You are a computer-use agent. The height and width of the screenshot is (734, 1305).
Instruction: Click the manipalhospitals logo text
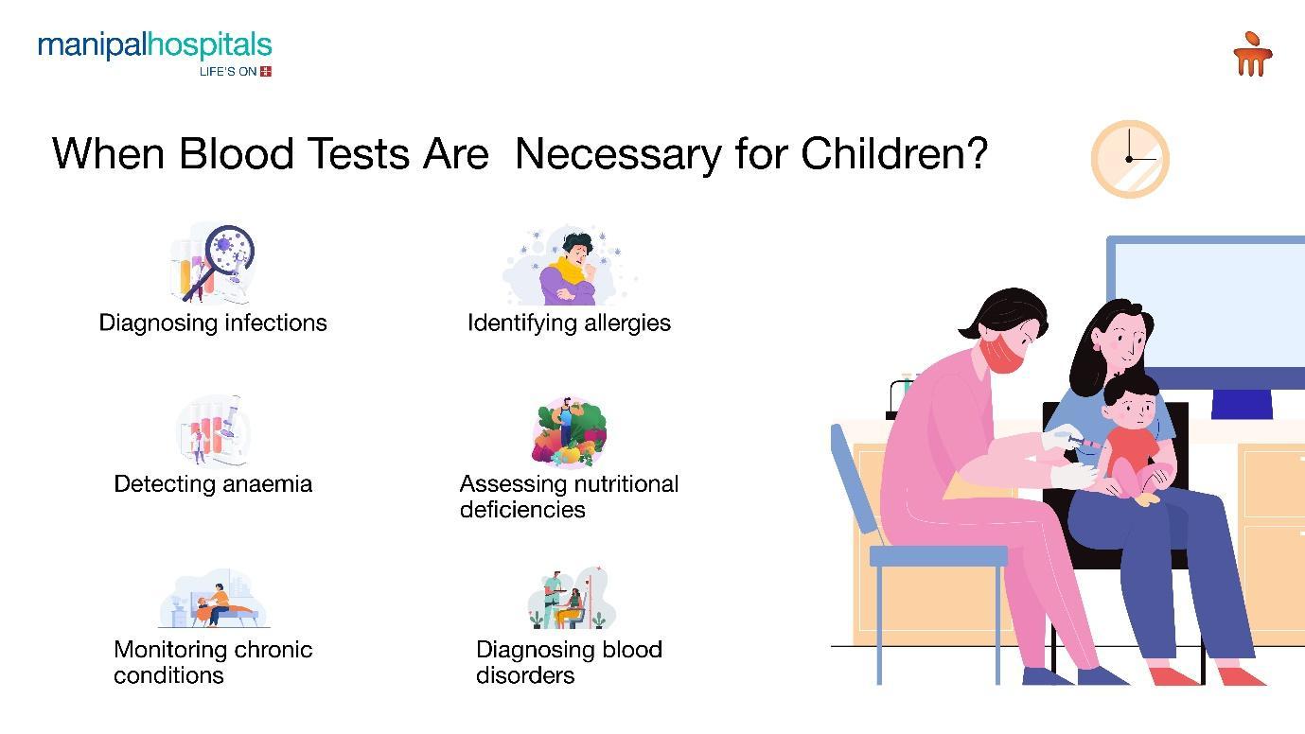coord(155,45)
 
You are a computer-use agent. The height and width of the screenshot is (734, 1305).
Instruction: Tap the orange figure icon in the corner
coord(1253,54)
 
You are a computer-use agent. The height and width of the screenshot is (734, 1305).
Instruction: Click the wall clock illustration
coord(1130,159)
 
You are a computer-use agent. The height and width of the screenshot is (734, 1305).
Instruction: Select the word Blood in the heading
coord(236,153)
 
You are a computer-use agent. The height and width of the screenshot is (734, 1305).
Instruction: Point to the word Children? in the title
coord(894,153)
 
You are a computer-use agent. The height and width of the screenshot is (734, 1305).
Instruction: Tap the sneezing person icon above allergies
coord(569,267)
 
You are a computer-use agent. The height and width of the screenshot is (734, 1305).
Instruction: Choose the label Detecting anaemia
coord(213,483)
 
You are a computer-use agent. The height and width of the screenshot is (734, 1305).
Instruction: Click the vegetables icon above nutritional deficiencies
coord(569,431)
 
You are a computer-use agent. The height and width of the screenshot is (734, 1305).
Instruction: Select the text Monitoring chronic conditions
coord(213,662)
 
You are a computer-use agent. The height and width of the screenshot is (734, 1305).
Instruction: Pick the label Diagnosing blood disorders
coord(569,662)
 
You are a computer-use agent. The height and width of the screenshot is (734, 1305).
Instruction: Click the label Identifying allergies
coord(569,323)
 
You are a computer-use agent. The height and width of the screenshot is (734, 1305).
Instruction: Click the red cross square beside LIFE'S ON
coord(266,72)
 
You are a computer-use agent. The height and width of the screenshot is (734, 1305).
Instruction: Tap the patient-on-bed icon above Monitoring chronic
coord(214,600)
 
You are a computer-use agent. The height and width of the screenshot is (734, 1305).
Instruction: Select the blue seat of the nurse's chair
coord(938,556)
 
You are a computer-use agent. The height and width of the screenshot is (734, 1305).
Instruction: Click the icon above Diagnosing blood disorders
coord(571,599)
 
